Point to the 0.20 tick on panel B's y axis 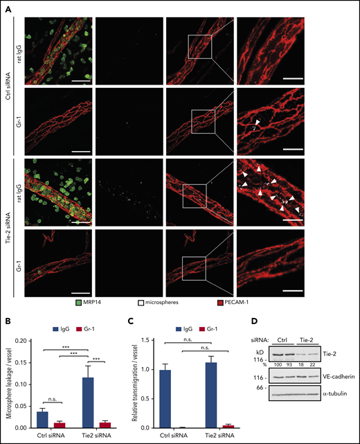coord(26,341)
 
